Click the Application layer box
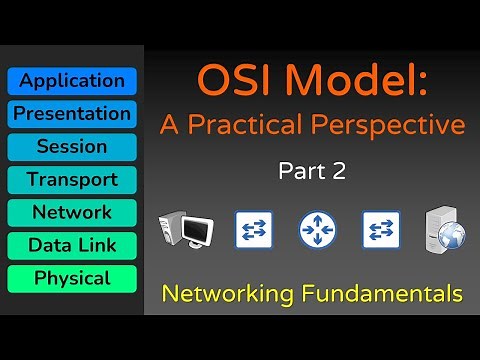71,81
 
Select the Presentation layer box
71,114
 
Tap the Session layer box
71,147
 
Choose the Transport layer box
71,180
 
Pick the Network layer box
71,213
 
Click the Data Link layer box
71,245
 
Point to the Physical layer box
71,278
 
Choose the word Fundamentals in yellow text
386,294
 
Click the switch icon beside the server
381,229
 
